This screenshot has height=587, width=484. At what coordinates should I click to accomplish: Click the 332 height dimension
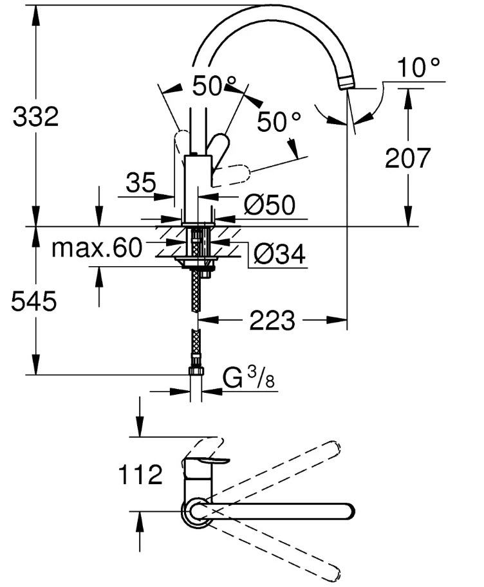point(36,117)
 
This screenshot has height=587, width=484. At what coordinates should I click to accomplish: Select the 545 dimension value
point(34,301)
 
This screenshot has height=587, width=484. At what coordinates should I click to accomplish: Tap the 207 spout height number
point(407,158)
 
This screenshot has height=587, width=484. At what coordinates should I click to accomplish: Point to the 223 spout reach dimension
point(273,320)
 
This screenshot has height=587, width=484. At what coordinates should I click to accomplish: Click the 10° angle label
point(419,68)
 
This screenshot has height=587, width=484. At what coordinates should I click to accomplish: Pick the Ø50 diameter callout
point(269,205)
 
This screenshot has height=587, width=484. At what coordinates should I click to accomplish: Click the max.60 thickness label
point(96,248)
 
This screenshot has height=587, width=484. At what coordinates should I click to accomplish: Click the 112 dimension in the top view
point(140,475)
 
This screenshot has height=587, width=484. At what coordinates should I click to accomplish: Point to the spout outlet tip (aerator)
point(346,82)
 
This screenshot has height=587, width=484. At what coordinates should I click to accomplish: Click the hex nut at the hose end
point(196,371)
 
